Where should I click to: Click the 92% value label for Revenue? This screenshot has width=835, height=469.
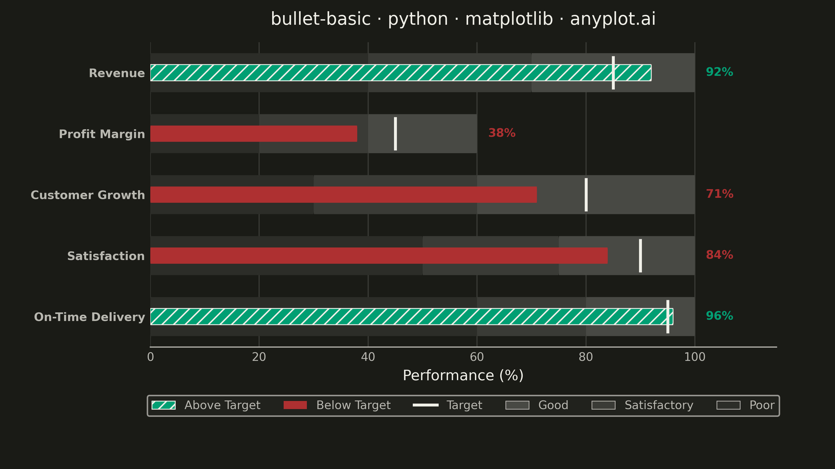(719, 72)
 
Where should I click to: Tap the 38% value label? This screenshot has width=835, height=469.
(502, 133)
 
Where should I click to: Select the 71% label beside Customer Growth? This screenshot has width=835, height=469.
(720, 194)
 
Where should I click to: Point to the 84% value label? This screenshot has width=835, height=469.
(719, 255)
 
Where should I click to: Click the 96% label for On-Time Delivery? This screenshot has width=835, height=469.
(719, 316)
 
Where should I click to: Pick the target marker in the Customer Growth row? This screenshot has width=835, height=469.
(586, 195)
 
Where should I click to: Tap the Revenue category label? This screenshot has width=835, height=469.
(117, 73)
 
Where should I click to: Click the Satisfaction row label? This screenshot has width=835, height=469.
(106, 256)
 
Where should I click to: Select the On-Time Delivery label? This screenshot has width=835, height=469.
(90, 317)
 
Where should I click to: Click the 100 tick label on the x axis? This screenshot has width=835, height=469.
(695, 357)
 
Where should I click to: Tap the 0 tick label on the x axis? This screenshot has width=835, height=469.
(150, 357)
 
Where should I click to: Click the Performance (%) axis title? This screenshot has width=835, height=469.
(463, 375)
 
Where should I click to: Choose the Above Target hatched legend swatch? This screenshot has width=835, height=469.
(164, 405)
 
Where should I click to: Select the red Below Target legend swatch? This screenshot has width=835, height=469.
(295, 405)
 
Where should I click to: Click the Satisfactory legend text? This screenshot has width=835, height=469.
(659, 405)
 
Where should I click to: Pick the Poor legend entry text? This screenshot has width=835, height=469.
(762, 405)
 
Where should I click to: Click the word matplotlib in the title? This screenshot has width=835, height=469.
(509, 19)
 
